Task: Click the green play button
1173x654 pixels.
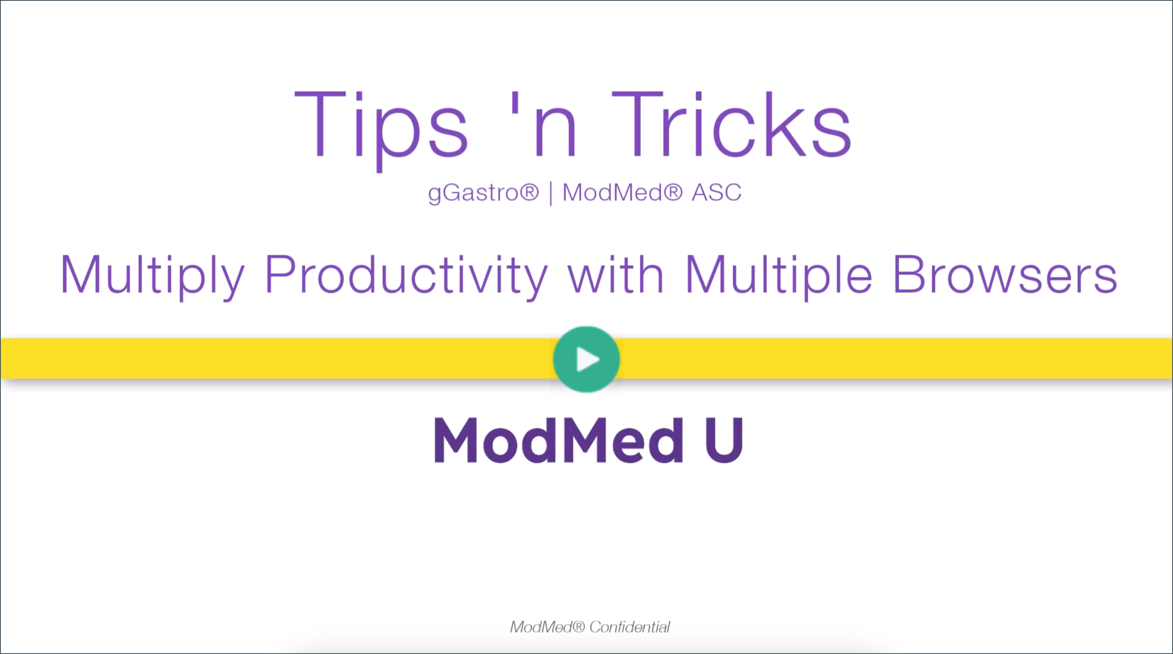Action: (586, 359)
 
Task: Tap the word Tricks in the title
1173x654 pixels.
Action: (731, 124)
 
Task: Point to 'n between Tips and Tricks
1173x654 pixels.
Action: (544, 124)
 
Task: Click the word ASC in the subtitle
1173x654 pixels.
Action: (717, 192)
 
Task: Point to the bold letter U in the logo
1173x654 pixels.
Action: (723, 441)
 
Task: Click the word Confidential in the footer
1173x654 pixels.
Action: (629, 627)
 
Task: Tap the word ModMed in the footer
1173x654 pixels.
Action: (540, 627)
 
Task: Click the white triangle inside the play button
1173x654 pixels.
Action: (588, 359)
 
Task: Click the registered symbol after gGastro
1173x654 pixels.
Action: (529, 191)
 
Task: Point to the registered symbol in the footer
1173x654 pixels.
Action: (578, 627)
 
